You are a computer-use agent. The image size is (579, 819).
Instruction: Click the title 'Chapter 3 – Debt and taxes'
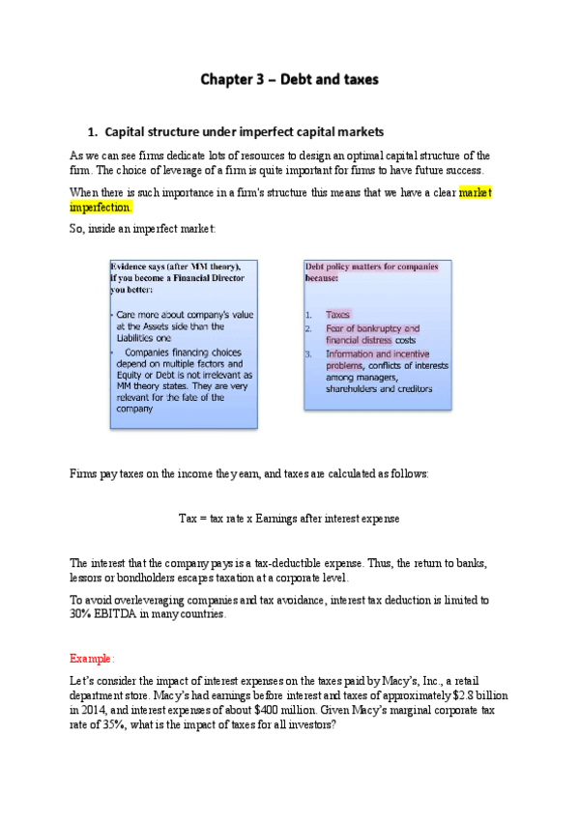tap(289, 78)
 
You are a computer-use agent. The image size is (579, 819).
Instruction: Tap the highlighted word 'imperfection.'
tap(101, 208)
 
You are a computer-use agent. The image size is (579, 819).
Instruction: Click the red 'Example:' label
tap(92, 658)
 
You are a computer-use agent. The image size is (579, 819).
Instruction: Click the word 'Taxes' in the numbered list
tap(337, 315)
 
